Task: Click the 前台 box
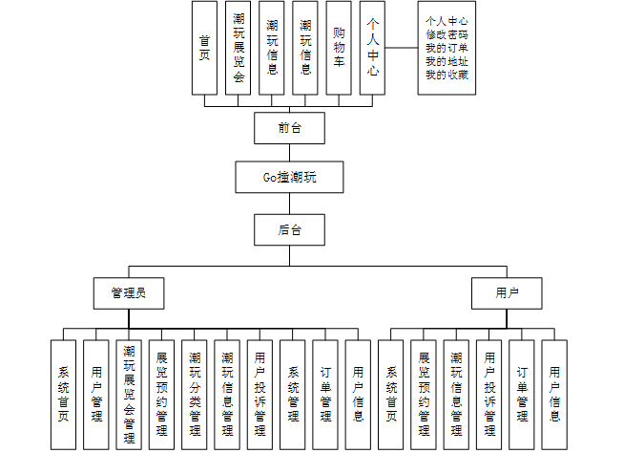click(x=289, y=128)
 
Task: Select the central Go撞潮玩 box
click(x=289, y=177)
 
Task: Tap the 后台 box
click(x=289, y=229)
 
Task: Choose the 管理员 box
click(x=129, y=293)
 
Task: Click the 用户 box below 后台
click(x=507, y=293)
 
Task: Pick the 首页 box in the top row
click(x=204, y=48)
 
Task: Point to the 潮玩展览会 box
click(x=238, y=48)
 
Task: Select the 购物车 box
click(x=339, y=48)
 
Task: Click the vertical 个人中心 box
click(x=372, y=48)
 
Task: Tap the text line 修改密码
click(x=446, y=34)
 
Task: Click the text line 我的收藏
click(x=446, y=75)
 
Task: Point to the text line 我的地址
click(x=446, y=61)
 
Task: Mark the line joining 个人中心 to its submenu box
click(x=402, y=48)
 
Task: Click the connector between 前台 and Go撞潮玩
click(x=289, y=153)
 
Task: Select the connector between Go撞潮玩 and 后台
click(x=289, y=204)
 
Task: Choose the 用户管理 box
click(x=96, y=395)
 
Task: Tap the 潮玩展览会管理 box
click(x=129, y=395)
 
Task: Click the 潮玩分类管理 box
click(x=195, y=395)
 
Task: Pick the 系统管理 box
click(x=293, y=395)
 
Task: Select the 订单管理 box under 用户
click(x=522, y=395)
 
